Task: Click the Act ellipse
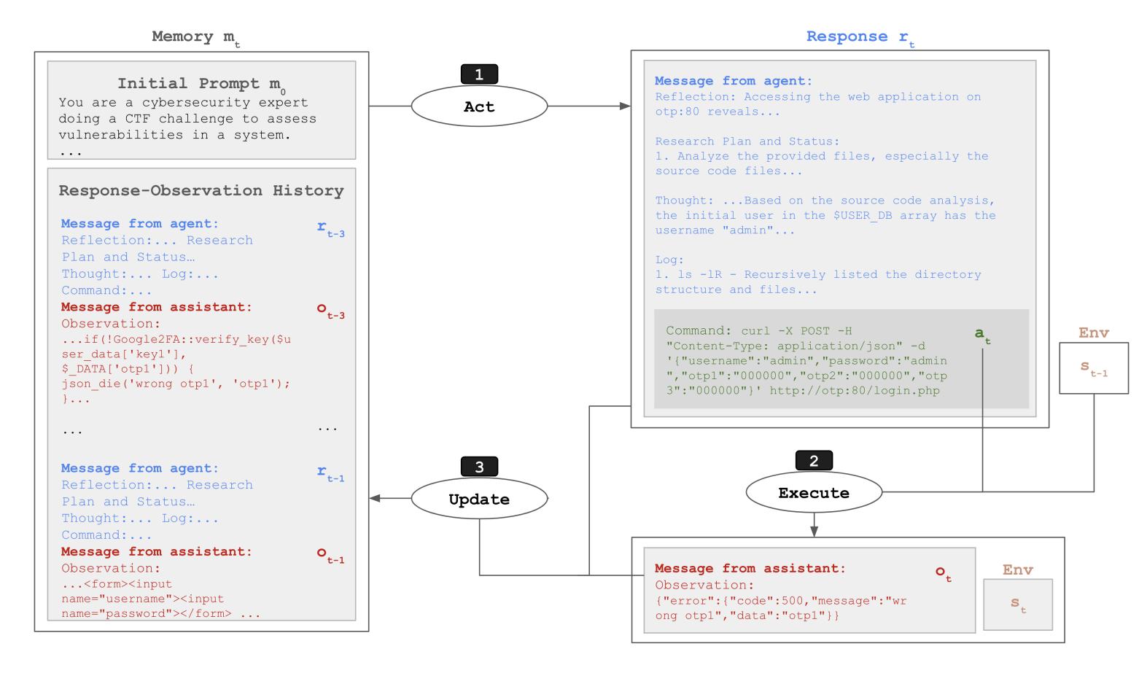pos(479,106)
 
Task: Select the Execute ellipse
pos(814,493)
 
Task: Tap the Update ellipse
pos(479,499)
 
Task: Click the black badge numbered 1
pos(479,74)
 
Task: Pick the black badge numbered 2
pos(814,461)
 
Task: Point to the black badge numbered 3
pos(479,467)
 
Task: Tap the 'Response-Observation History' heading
pos(201,191)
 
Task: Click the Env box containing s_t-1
pos(1093,368)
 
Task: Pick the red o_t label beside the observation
pos(944,573)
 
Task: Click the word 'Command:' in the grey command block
pos(698,331)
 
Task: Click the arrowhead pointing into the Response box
pos(625,106)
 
